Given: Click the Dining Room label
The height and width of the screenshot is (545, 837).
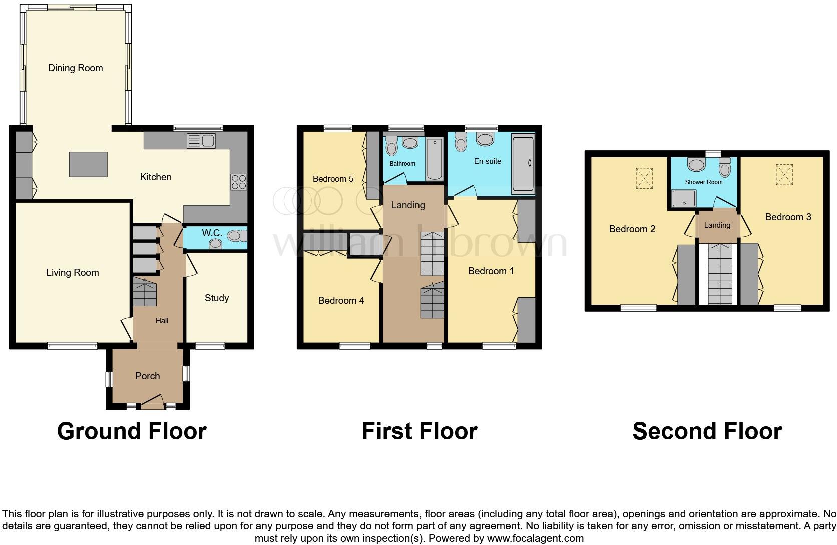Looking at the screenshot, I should (x=75, y=68).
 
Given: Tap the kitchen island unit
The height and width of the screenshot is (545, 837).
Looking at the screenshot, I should (x=88, y=164).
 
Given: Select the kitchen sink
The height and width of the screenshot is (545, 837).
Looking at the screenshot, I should (x=201, y=141).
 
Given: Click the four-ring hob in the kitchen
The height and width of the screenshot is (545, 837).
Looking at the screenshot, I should (x=239, y=181).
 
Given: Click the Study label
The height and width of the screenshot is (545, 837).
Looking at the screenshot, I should (x=216, y=298).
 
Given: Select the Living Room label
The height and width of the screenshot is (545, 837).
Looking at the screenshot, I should (x=73, y=272).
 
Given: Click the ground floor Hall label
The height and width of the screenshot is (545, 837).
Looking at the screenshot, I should (x=162, y=321).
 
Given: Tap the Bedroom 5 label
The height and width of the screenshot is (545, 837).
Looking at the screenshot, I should (x=333, y=179).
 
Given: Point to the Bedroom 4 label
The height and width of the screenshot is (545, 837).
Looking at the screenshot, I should (x=341, y=300).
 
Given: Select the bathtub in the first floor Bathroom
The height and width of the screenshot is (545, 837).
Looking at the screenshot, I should (x=434, y=159).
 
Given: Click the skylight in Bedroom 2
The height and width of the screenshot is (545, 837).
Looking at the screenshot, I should (x=644, y=178).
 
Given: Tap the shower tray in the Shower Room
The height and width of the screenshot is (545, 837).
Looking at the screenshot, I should (x=681, y=198).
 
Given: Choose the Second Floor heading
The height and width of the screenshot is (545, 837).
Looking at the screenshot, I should (x=707, y=431).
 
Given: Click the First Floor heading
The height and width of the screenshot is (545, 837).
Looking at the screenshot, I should (x=419, y=431).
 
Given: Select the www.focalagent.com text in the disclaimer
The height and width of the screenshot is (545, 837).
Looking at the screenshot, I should (x=535, y=538).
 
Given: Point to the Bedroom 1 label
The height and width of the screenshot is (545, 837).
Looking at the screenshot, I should (x=491, y=271).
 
